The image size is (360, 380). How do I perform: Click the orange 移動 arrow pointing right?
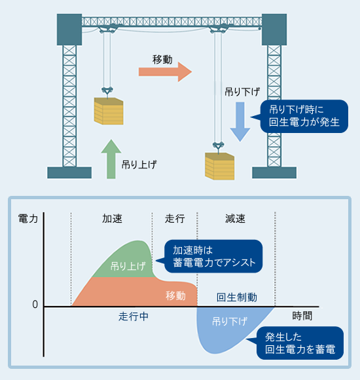click(x=166, y=71)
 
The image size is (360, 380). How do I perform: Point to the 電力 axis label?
click(x=28, y=219)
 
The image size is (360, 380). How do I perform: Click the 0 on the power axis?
click(x=35, y=305)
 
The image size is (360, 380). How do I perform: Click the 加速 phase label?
click(x=112, y=219)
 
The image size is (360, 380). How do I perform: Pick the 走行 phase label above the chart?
click(x=175, y=219)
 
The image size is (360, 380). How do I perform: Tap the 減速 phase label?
click(x=236, y=219)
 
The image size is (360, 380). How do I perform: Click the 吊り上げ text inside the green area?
click(x=128, y=265)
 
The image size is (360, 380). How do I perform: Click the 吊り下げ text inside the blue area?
click(x=230, y=322)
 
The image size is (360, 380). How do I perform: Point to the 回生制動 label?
click(x=236, y=297)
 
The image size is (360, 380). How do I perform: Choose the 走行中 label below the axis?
click(x=134, y=316)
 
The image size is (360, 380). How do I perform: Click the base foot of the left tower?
click(x=69, y=172)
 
